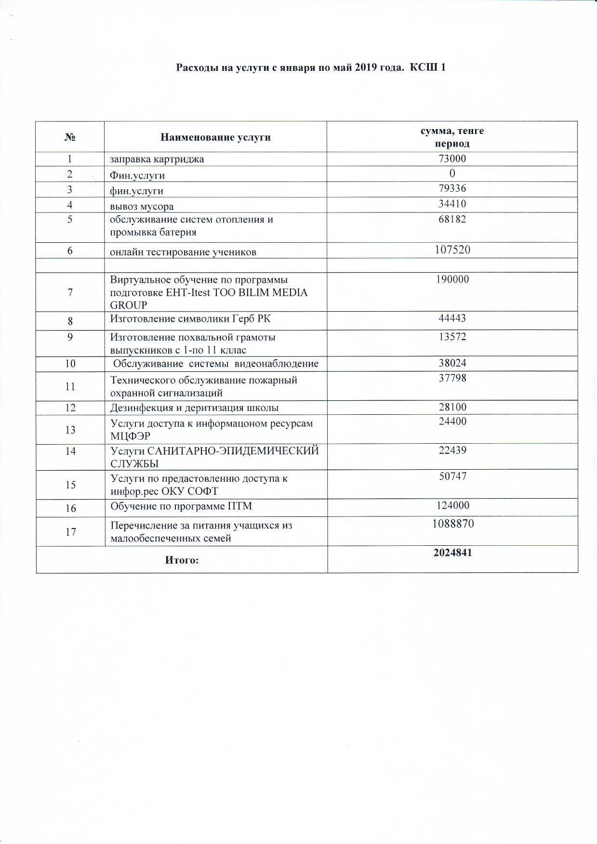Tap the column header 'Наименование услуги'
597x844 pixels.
pos(215,137)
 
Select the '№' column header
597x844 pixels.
pos(70,137)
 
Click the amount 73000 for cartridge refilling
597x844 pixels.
pos(452,158)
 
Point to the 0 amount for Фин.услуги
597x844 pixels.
pos(452,173)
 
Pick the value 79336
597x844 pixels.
pos(452,188)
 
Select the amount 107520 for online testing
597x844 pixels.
pos(452,250)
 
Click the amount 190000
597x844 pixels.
pos(452,279)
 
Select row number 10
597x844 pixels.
pos(70,363)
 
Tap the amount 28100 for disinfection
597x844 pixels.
pos(452,407)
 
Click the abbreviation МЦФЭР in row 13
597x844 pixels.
pos(130,436)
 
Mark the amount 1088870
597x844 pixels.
pos(452,523)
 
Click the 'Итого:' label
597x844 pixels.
pos(182,560)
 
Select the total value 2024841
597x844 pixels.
pos(452,553)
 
